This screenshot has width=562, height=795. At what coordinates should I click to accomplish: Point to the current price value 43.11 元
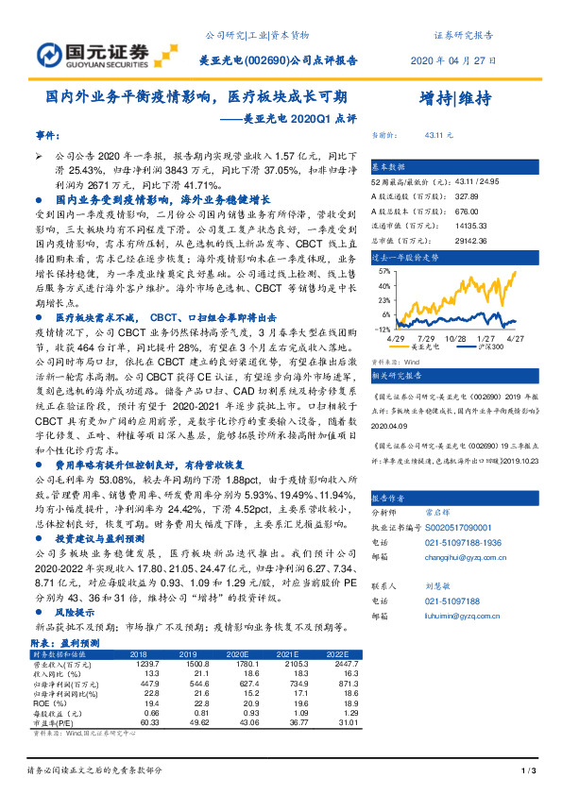point(440,136)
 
